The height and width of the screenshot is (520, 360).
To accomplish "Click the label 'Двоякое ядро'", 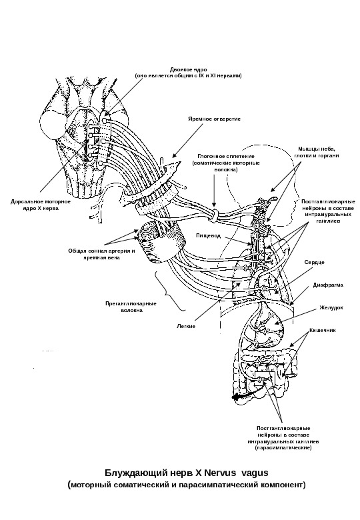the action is pyautogui.click(x=188, y=69).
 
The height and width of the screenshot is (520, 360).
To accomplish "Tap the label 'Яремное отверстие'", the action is pyautogui.click(x=214, y=119).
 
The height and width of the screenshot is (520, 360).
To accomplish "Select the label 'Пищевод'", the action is pyautogui.click(x=208, y=236).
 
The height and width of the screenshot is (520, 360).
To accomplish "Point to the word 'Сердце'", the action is pyautogui.click(x=314, y=262).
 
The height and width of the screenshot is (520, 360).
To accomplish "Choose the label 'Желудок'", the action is pyautogui.click(x=331, y=307).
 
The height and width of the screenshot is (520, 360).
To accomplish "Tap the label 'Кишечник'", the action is pyautogui.click(x=323, y=330).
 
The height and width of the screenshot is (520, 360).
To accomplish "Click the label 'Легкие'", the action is pyautogui.click(x=186, y=326).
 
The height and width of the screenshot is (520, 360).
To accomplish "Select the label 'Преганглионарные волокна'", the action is pyautogui.click(x=131, y=307).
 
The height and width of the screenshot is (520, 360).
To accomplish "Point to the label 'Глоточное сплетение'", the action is pyautogui.click(x=226, y=156).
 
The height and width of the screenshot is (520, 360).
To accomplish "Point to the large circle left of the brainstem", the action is pyautogui.click(x=54, y=125).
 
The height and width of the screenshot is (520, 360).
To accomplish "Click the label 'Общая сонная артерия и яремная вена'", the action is pyautogui.click(x=101, y=254).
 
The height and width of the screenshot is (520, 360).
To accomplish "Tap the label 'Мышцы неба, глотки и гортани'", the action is pyautogui.click(x=317, y=152).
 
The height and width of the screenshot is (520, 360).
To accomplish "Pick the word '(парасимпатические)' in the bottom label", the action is pyautogui.click(x=283, y=448).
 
